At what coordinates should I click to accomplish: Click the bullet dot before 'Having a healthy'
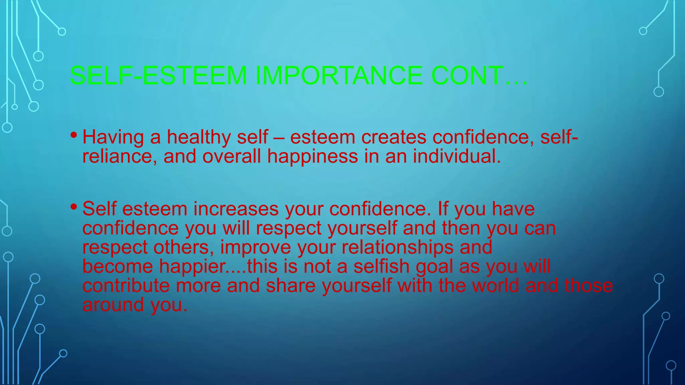click(74, 135)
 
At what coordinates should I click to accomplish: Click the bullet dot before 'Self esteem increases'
click(74, 207)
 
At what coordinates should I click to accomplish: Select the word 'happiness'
click(312, 157)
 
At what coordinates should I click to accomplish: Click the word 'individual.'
click(457, 156)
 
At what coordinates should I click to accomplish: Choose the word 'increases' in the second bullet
click(236, 209)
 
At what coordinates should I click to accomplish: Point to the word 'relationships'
click(397, 248)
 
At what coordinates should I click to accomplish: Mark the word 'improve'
click(256, 248)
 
